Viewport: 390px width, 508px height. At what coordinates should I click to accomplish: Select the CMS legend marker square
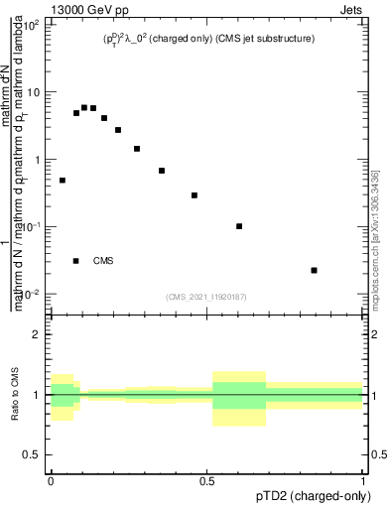76,261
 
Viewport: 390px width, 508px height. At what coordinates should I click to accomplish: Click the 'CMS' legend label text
103,261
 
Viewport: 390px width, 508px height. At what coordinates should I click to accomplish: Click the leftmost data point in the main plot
63,181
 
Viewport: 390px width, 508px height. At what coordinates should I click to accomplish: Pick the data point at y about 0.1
239,226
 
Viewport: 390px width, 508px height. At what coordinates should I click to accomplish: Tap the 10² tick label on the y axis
32,24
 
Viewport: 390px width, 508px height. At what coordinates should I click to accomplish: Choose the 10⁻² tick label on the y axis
32,295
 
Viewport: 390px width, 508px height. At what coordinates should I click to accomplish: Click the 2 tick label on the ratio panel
37,334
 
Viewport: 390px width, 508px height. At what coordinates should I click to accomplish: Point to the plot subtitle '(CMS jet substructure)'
266,39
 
